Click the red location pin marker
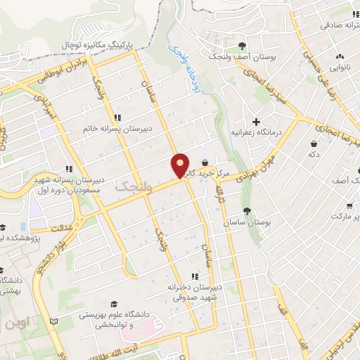click(181, 165)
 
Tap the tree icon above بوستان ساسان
click(246, 210)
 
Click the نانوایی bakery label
click(340, 68)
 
